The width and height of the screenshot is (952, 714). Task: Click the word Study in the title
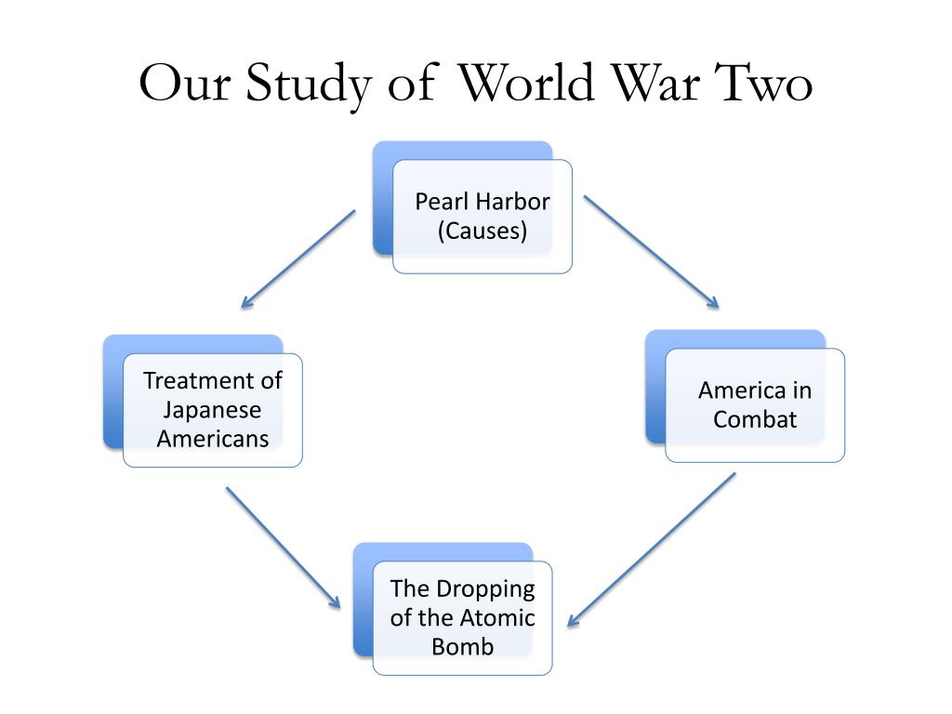pyautogui.click(x=309, y=85)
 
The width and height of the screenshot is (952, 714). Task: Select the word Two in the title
pyautogui.click(x=764, y=83)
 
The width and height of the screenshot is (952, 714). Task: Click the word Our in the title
pyautogui.click(x=185, y=83)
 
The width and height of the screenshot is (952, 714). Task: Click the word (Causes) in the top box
pyautogui.click(x=483, y=231)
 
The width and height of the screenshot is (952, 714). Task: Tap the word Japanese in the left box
pyautogui.click(x=213, y=411)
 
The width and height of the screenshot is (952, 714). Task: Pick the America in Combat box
pyautogui.click(x=745, y=396)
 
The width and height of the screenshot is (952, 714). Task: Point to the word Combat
pyautogui.click(x=755, y=419)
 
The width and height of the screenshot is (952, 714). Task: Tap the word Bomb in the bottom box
pyautogui.click(x=463, y=647)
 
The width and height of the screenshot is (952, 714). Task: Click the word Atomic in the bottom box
pyautogui.click(x=498, y=617)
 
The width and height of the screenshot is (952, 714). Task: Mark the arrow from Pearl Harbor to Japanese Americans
pyautogui.click(x=298, y=259)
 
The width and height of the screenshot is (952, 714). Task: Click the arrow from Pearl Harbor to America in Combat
pyautogui.click(x=652, y=252)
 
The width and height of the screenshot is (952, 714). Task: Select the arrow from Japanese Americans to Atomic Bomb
pyautogui.click(x=283, y=547)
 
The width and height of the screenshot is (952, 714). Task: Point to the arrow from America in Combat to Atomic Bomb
pyautogui.click(x=652, y=549)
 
